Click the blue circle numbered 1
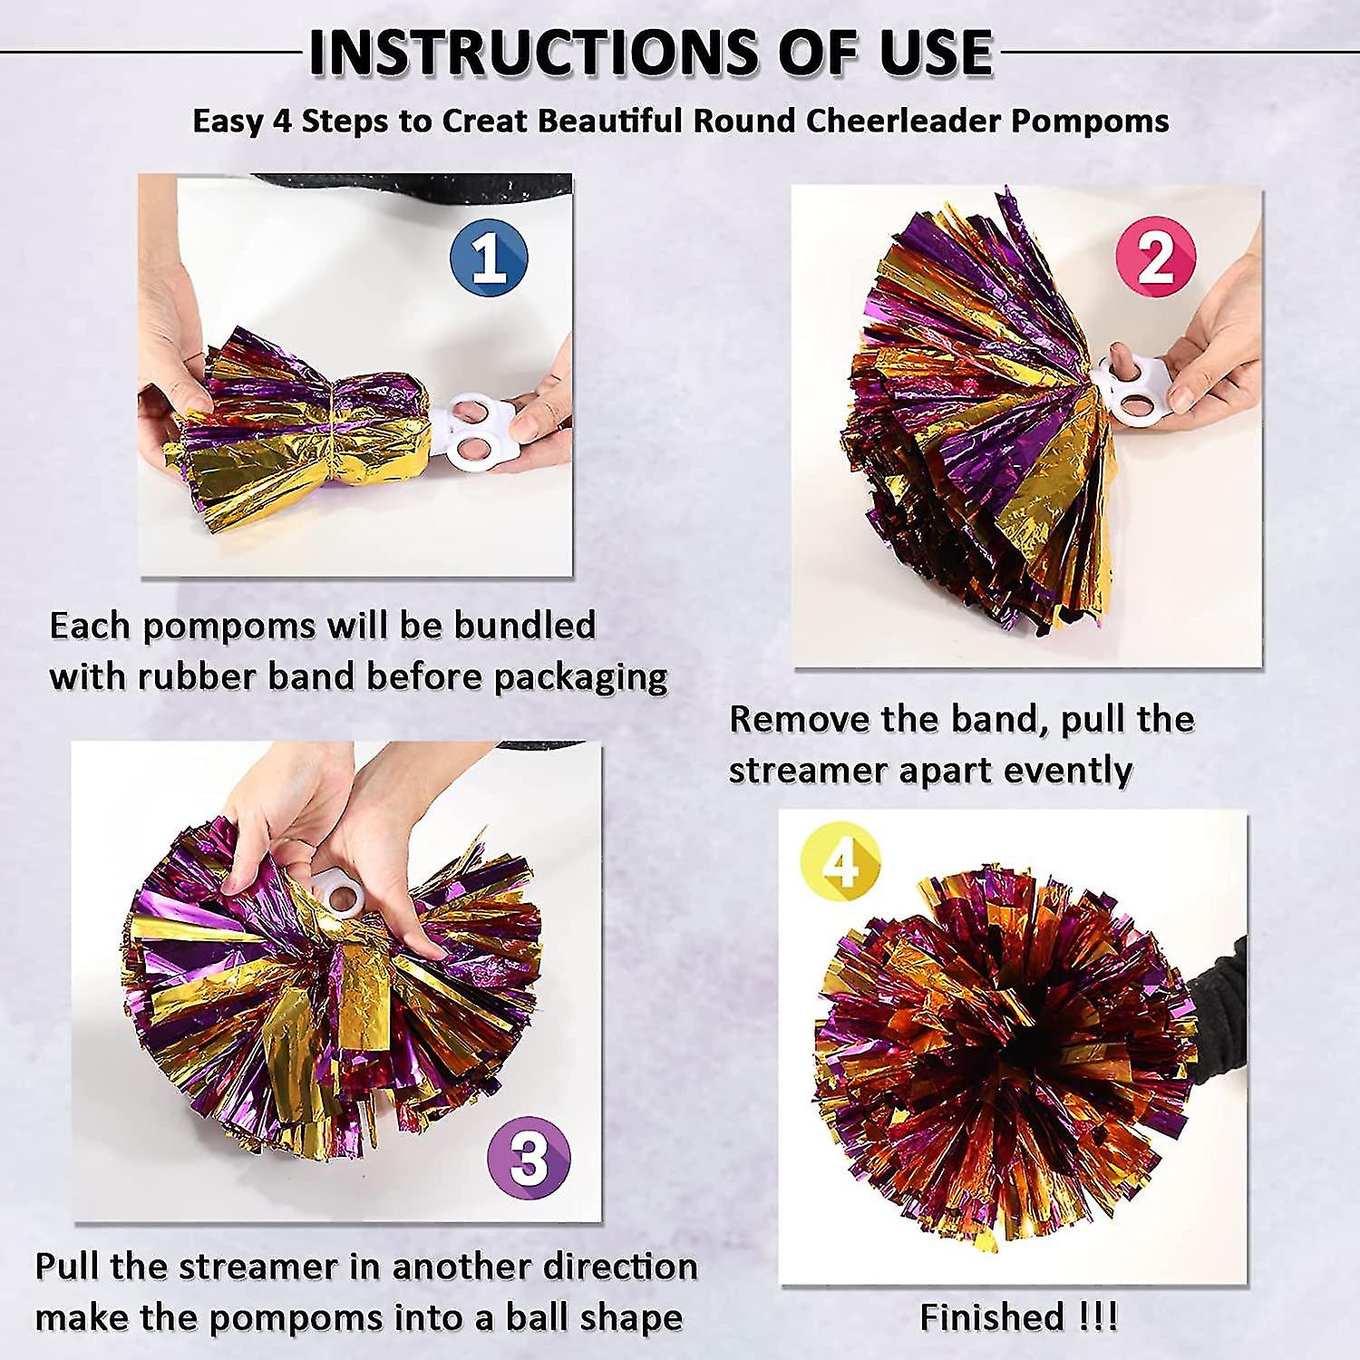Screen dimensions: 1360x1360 point(489,259)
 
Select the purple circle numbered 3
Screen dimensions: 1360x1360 point(529,1158)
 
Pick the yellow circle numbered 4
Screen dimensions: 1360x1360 point(840,863)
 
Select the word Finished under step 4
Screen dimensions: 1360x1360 point(992,1316)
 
